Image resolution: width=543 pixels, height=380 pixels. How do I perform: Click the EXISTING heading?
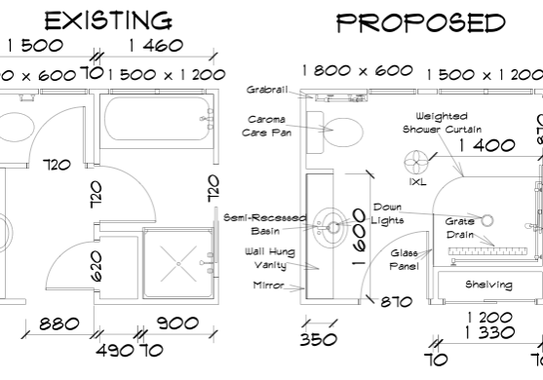108,20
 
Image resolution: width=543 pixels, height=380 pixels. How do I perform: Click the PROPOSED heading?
421,22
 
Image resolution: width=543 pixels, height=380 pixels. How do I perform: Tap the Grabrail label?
266,90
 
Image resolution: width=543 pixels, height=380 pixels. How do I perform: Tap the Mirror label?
268,285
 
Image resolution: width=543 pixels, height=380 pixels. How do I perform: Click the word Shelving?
488,285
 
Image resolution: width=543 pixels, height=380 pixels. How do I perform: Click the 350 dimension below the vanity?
319,340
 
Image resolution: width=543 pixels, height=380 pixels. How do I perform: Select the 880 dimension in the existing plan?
61,324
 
